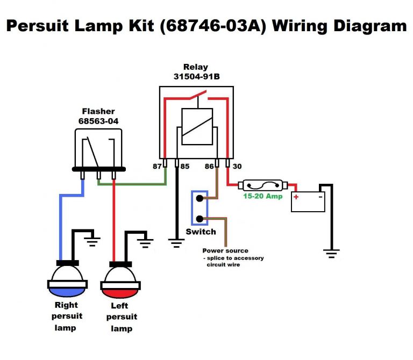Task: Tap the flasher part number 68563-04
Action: click(98, 121)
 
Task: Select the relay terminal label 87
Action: click(158, 167)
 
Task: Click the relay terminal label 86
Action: click(209, 167)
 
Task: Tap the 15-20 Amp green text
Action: click(262, 197)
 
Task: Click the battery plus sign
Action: click(297, 196)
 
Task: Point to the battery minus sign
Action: click(319, 196)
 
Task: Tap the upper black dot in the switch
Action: click(200, 199)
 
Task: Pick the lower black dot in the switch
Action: click(200, 218)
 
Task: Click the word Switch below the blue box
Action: click(201, 232)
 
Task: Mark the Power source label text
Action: click(225, 250)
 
